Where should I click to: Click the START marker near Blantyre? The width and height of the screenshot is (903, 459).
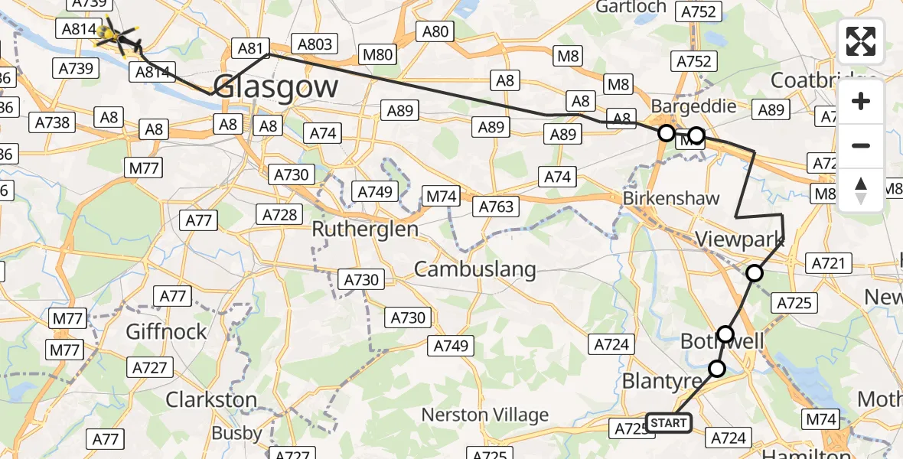point(669,423)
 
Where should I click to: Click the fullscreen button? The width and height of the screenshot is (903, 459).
point(861,41)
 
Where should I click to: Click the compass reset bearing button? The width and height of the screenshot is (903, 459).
point(861,190)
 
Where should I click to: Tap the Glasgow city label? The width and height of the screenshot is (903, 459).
point(275,86)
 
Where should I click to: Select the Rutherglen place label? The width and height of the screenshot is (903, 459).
point(365,229)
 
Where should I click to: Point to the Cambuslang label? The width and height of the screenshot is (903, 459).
point(474,269)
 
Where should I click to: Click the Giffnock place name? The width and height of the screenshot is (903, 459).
point(167,331)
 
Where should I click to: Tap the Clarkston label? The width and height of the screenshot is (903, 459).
point(211,399)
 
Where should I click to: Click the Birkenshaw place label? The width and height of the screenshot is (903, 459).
point(671,198)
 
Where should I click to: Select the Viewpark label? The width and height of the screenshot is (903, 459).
point(739,239)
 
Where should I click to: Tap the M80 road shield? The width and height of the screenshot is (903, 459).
point(378,54)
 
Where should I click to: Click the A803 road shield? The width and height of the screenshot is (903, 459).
point(314,44)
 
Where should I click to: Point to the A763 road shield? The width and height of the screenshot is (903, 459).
point(497,206)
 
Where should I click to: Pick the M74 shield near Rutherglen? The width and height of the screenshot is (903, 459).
point(441,197)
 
